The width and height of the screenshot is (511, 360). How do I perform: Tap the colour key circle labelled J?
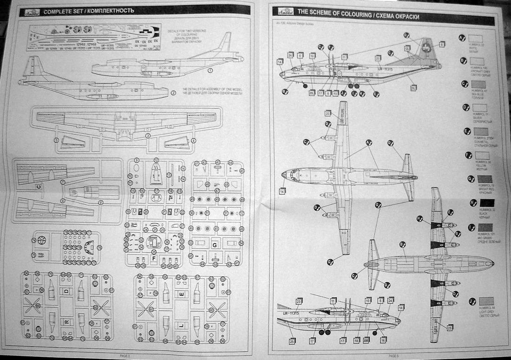tap(472, 301)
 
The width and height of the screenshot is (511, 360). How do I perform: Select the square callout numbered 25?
tap(292, 341)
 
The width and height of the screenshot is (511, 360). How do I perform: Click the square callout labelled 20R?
tap(367, 340)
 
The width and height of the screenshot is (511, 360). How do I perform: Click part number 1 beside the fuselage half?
tap(210, 71)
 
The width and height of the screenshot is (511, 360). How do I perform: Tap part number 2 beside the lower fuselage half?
tap(173, 92)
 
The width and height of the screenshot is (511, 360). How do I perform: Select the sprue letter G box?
tap(215, 244)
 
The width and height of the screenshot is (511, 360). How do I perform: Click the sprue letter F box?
tap(153, 257)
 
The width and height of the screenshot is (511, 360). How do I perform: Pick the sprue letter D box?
tap(66, 291)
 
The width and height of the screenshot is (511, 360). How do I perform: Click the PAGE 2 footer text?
tap(124, 355)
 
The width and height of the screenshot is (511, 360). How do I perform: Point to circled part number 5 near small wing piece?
tap(56, 140)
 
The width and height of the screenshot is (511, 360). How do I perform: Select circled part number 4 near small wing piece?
tap(194, 140)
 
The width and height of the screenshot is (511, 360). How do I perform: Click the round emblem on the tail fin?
tap(426, 47)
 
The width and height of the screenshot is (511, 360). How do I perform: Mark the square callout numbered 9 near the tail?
tap(442, 45)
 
